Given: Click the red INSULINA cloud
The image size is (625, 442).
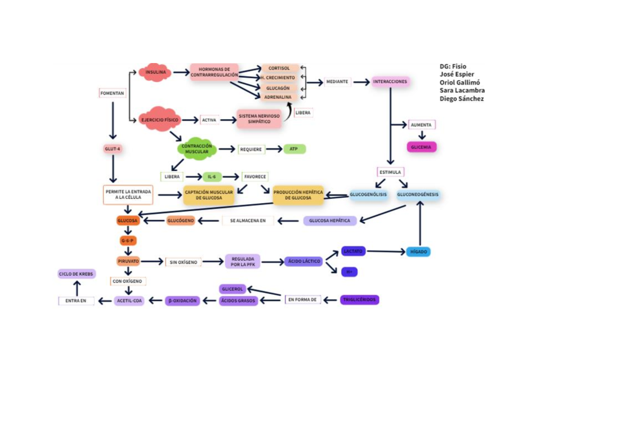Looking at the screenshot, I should [x=155, y=72].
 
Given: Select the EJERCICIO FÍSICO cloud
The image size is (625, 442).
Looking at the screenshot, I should [x=160, y=120].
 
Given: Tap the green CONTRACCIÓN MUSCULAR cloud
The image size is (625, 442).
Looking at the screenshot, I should [x=197, y=149].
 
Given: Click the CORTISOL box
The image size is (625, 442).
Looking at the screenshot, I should [x=280, y=68].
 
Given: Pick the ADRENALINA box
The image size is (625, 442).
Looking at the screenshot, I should [x=278, y=97].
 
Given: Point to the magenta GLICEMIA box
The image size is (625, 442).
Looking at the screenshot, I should [x=421, y=147].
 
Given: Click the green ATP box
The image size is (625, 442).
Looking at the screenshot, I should [x=294, y=149].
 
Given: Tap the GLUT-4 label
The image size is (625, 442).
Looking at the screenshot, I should [x=113, y=149].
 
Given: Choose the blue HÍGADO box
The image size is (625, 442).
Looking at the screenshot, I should [x=418, y=251].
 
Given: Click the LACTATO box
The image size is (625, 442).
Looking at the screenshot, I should [x=353, y=251].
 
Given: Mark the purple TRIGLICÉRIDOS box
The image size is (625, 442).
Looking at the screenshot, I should [x=359, y=300].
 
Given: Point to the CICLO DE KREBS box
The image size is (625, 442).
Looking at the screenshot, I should [x=77, y=274].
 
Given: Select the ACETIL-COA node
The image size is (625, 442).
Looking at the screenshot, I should [x=129, y=300].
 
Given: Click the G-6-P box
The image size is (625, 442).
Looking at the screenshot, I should [x=128, y=241].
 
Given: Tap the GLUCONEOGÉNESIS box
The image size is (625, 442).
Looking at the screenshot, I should [x=418, y=195].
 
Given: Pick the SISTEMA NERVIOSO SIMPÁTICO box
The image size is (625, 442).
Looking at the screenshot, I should [x=259, y=119].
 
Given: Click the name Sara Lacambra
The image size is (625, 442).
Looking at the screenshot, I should [x=462, y=91].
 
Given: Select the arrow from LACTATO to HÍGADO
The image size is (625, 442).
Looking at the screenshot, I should [x=386, y=251].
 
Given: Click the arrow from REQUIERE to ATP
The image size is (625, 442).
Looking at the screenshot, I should [x=274, y=149].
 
